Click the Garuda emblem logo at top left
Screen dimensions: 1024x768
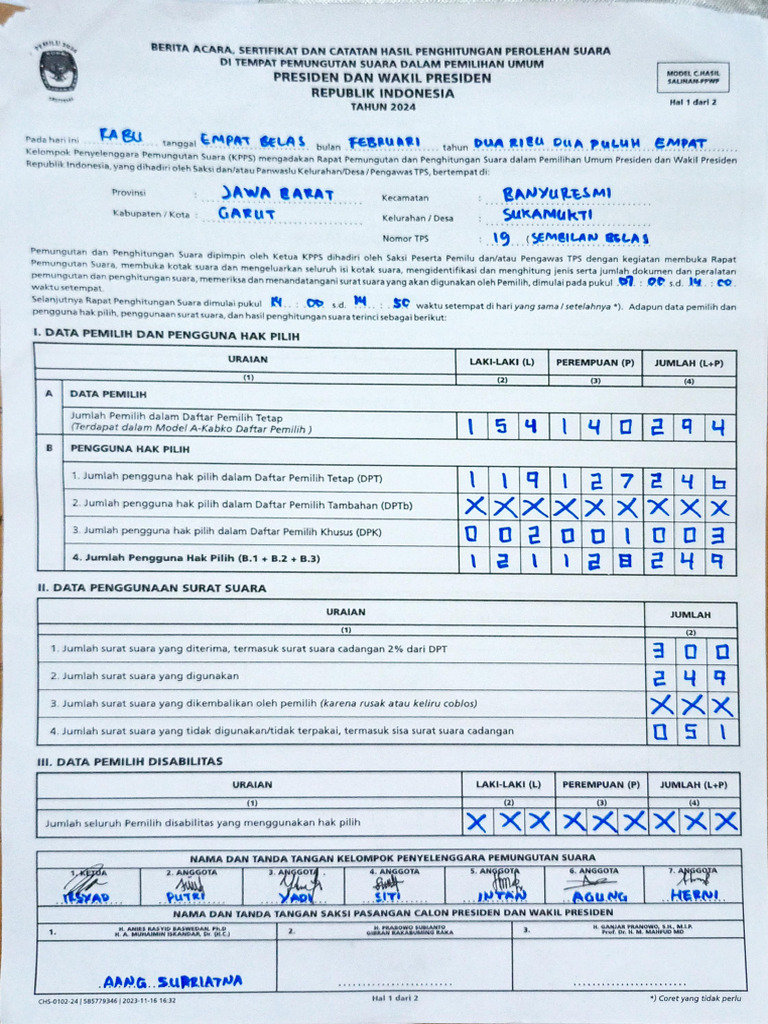[58, 72]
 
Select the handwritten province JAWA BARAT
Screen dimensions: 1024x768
[278, 193]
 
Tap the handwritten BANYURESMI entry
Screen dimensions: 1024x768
[558, 193]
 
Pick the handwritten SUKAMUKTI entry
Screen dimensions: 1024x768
[548, 214]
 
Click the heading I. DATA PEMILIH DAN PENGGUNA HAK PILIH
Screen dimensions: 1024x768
[166, 336]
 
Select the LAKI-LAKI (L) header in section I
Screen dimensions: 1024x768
[501, 362]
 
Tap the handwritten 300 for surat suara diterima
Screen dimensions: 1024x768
[690, 652]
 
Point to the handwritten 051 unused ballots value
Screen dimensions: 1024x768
[690, 731]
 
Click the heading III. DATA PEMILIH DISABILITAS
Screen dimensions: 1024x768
[129, 761]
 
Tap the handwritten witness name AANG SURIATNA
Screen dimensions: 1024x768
[172, 981]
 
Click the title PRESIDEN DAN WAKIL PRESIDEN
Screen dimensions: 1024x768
[381, 77]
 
